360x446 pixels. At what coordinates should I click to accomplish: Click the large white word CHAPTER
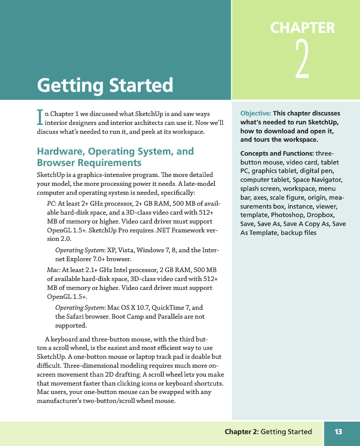pos(303,28)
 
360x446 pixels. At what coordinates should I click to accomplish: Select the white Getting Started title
pos(105,85)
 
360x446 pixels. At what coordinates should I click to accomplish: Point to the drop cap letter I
pos(40,116)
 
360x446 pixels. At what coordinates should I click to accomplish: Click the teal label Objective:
pos(255,113)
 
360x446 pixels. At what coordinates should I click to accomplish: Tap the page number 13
pos(338,432)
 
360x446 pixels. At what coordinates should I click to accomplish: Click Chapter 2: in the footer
pos(241,432)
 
